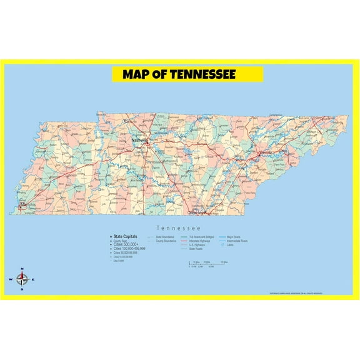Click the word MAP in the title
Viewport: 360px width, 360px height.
click(136, 75)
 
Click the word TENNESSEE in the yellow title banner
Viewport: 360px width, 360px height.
click(200, 75)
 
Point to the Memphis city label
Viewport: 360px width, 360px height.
click(28, 205)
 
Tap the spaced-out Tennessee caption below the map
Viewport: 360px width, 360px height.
click(179, 228)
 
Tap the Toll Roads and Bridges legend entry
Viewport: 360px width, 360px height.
click(202, 237)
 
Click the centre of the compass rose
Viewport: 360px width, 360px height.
click(22, 279)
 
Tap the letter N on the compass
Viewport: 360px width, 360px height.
click(22, 269)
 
